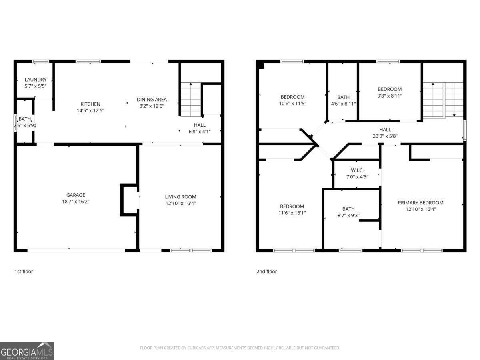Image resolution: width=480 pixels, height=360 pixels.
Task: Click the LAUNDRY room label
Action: pos(36,80)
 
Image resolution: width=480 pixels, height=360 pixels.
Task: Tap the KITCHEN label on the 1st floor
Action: pos(90,104)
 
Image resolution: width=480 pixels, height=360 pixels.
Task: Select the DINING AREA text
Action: pos(152,100)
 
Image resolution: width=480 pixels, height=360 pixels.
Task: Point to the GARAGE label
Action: pos(76,195)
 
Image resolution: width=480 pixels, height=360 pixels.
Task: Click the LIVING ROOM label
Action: pos(180,197)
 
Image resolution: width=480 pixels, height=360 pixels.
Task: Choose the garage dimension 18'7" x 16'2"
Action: pos(73,202)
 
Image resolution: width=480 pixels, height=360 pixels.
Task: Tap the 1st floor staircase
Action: pos(191,100)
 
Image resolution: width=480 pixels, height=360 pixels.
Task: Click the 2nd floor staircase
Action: pos(443,100)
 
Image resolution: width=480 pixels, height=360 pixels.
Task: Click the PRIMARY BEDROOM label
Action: pos(420,203)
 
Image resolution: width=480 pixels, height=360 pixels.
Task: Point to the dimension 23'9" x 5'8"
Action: pos(385,136)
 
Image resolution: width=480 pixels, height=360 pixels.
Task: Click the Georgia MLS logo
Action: pos(27,351)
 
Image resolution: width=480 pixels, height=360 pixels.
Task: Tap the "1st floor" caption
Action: pos(24,272)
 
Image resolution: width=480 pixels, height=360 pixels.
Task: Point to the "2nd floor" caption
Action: pos(266,272)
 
